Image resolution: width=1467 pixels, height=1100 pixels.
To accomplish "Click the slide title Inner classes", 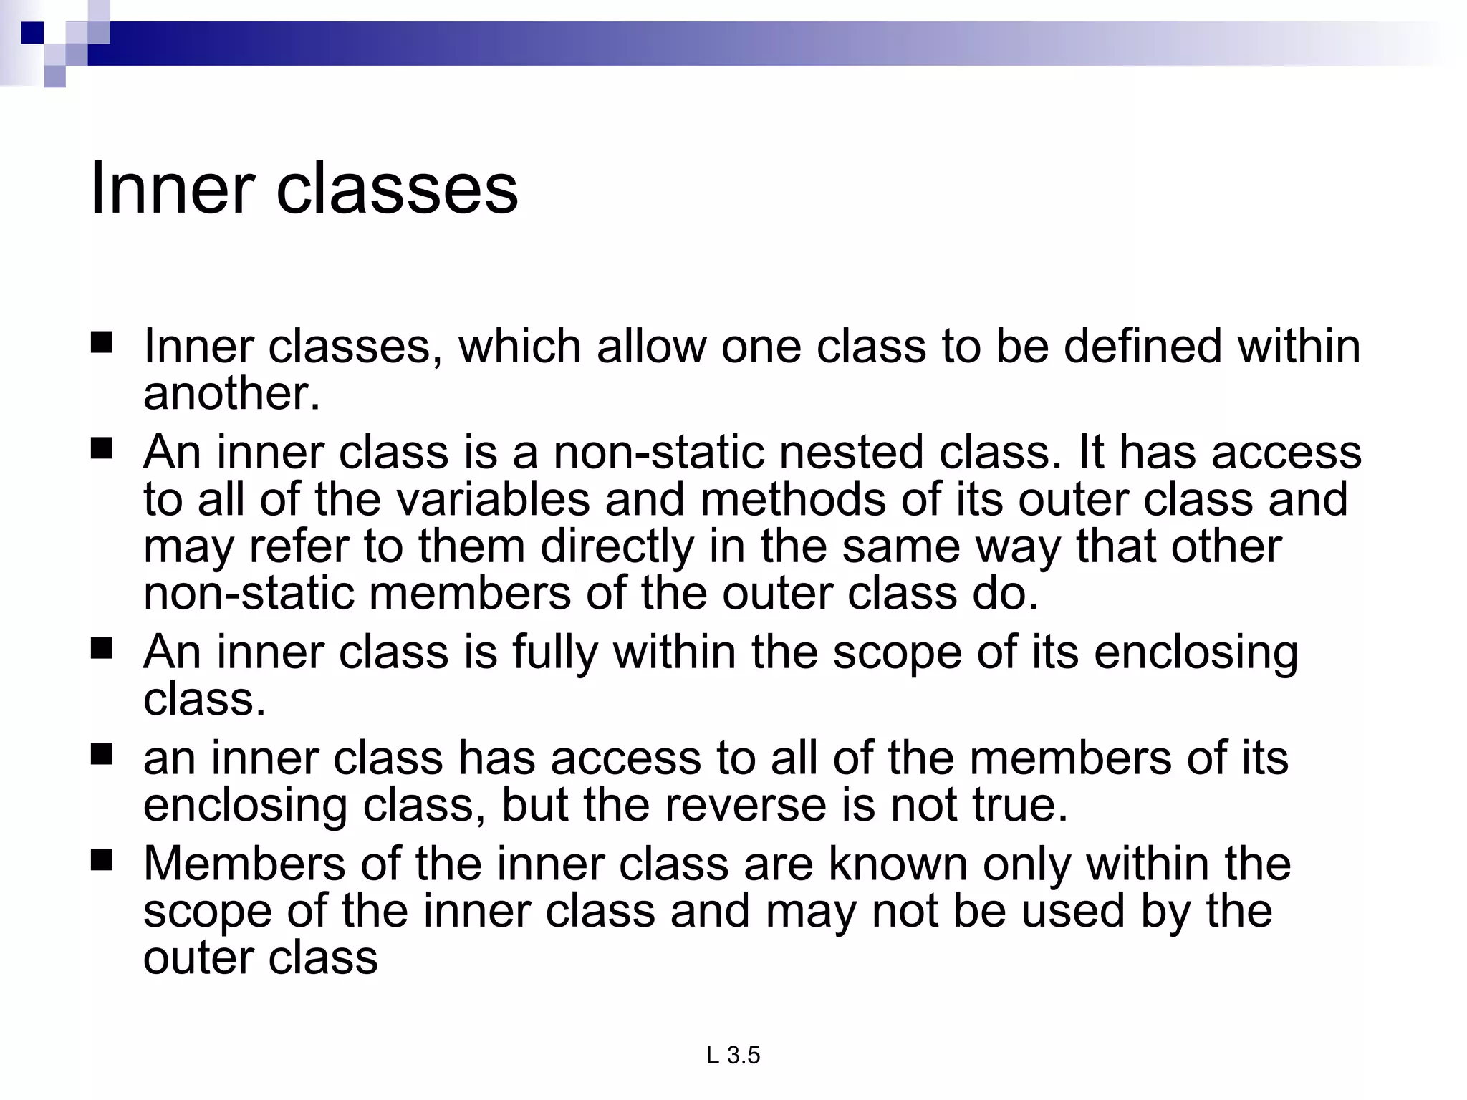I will pos(304,188).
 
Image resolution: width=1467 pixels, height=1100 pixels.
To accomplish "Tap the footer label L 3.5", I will pos(733,1055).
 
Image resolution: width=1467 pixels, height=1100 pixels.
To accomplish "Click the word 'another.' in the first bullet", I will pos(231,393).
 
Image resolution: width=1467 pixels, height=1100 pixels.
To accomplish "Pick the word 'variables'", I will pos(494,499).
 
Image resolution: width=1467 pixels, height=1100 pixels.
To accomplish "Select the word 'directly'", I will pos(617,548).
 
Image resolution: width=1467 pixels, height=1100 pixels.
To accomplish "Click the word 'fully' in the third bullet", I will pos(554,653).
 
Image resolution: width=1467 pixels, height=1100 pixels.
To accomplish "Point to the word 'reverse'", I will pos(745,805).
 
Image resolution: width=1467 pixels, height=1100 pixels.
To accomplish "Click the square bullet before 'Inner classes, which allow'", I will pos(102,343).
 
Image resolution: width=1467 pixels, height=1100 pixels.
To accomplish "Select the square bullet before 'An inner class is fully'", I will pos(102,649).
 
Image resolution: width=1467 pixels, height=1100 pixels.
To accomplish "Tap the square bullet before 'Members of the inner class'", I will pos(102,859).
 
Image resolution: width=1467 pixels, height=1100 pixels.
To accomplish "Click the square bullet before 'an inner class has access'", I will pos(102,754).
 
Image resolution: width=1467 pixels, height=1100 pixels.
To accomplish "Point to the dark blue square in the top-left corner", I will pos(32,33).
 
